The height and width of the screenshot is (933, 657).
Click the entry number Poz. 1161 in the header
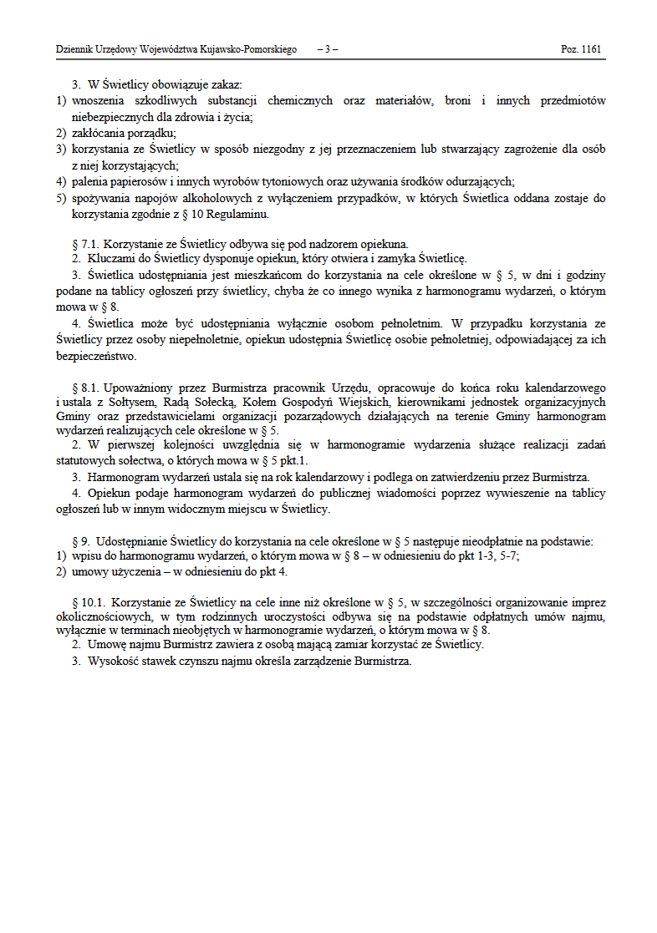pyautogui.click(x=580, y=50)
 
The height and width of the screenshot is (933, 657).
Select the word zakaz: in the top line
pyautogui.click(x=223, y=85)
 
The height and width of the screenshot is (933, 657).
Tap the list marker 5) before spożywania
pyautogui.click(x=61, y=199)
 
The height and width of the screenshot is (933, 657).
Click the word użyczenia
pyautogui.click(x=133, y=572)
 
